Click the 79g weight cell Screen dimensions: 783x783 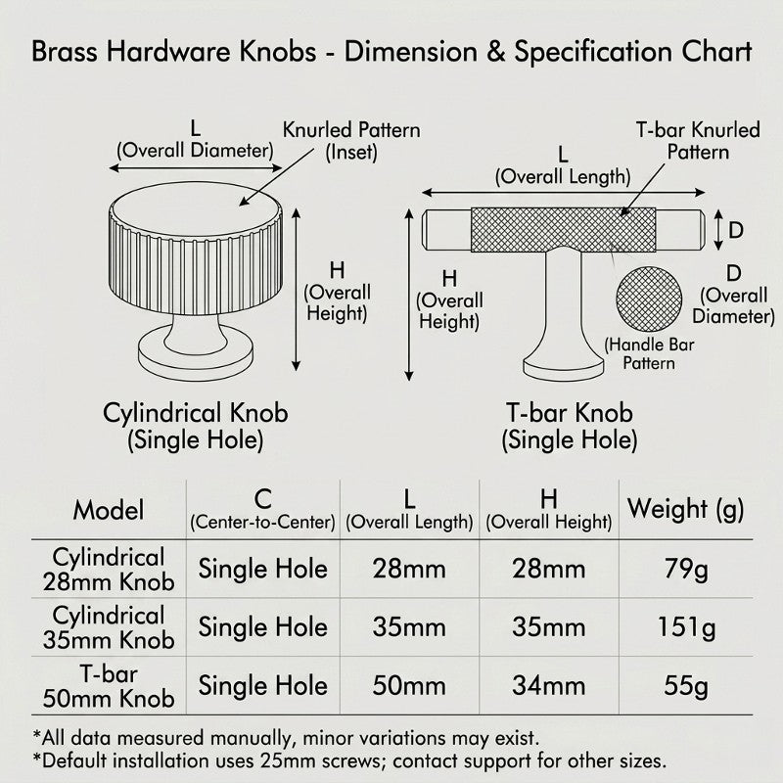pyautogui.click(x=686, y=570)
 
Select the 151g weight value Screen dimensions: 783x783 pyautogui.click(x=686, y=627)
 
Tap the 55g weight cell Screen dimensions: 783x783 pyautogui.click(x=686, y=686)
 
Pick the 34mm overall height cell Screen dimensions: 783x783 pyautogui.click(x=548, y=686)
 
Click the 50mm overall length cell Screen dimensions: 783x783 pyautogui.click(x=409, y=686)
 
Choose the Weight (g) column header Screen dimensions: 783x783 pyautogui.click(x=686, y=509)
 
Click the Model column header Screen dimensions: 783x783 pyautogui.click(x=109, y=510)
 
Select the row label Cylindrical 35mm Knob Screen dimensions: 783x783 pyautogui.click(x=109, y=627)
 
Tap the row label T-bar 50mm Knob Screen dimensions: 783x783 pyautogui.click(x=109, y=686)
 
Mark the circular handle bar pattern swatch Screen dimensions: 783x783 pyautogui.click(x=649, y=299)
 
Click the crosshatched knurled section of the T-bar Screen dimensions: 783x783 pyautogui.click(x=564, y=230)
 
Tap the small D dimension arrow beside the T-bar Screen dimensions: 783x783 pyautogui.click(x=718, y=230)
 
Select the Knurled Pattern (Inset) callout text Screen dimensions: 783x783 pyautogui.click(x=351, y=141)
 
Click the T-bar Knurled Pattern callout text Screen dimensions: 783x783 pyautogui.click(x=698, y=141)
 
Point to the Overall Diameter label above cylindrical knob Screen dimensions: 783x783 pyautogui.click(x=195, y=151)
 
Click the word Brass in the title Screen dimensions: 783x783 pyautogui.click(x=65, y=52)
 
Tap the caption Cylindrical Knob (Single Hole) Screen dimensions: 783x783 pyautogui.click(x=195, y=427)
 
